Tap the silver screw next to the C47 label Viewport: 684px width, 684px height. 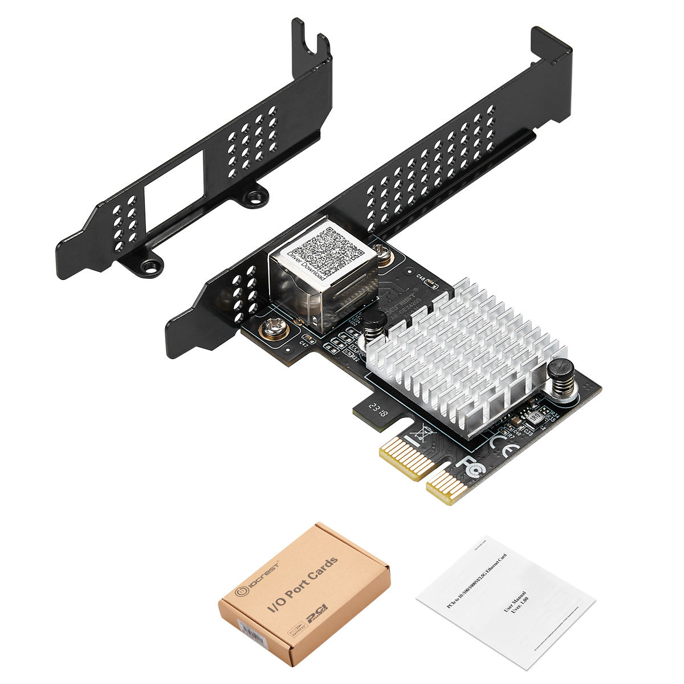tap(271, 329)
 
